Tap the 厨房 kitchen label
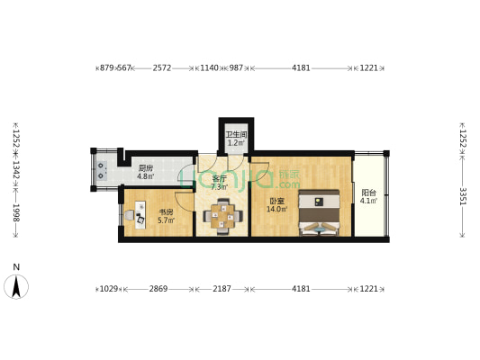click(x=145, y=168)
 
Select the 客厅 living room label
click(x=218, y=179)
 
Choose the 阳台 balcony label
click(x=368, y=193)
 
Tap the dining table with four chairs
click(x=222, y=216)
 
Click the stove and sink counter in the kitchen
click(x=101, y=168)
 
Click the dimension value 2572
click(x=163, y=67)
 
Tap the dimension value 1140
click(x=209, y=67)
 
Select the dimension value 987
click(x=236, y=67)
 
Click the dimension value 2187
click(x=222, y=289)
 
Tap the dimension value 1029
click(x=109, y=289)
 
